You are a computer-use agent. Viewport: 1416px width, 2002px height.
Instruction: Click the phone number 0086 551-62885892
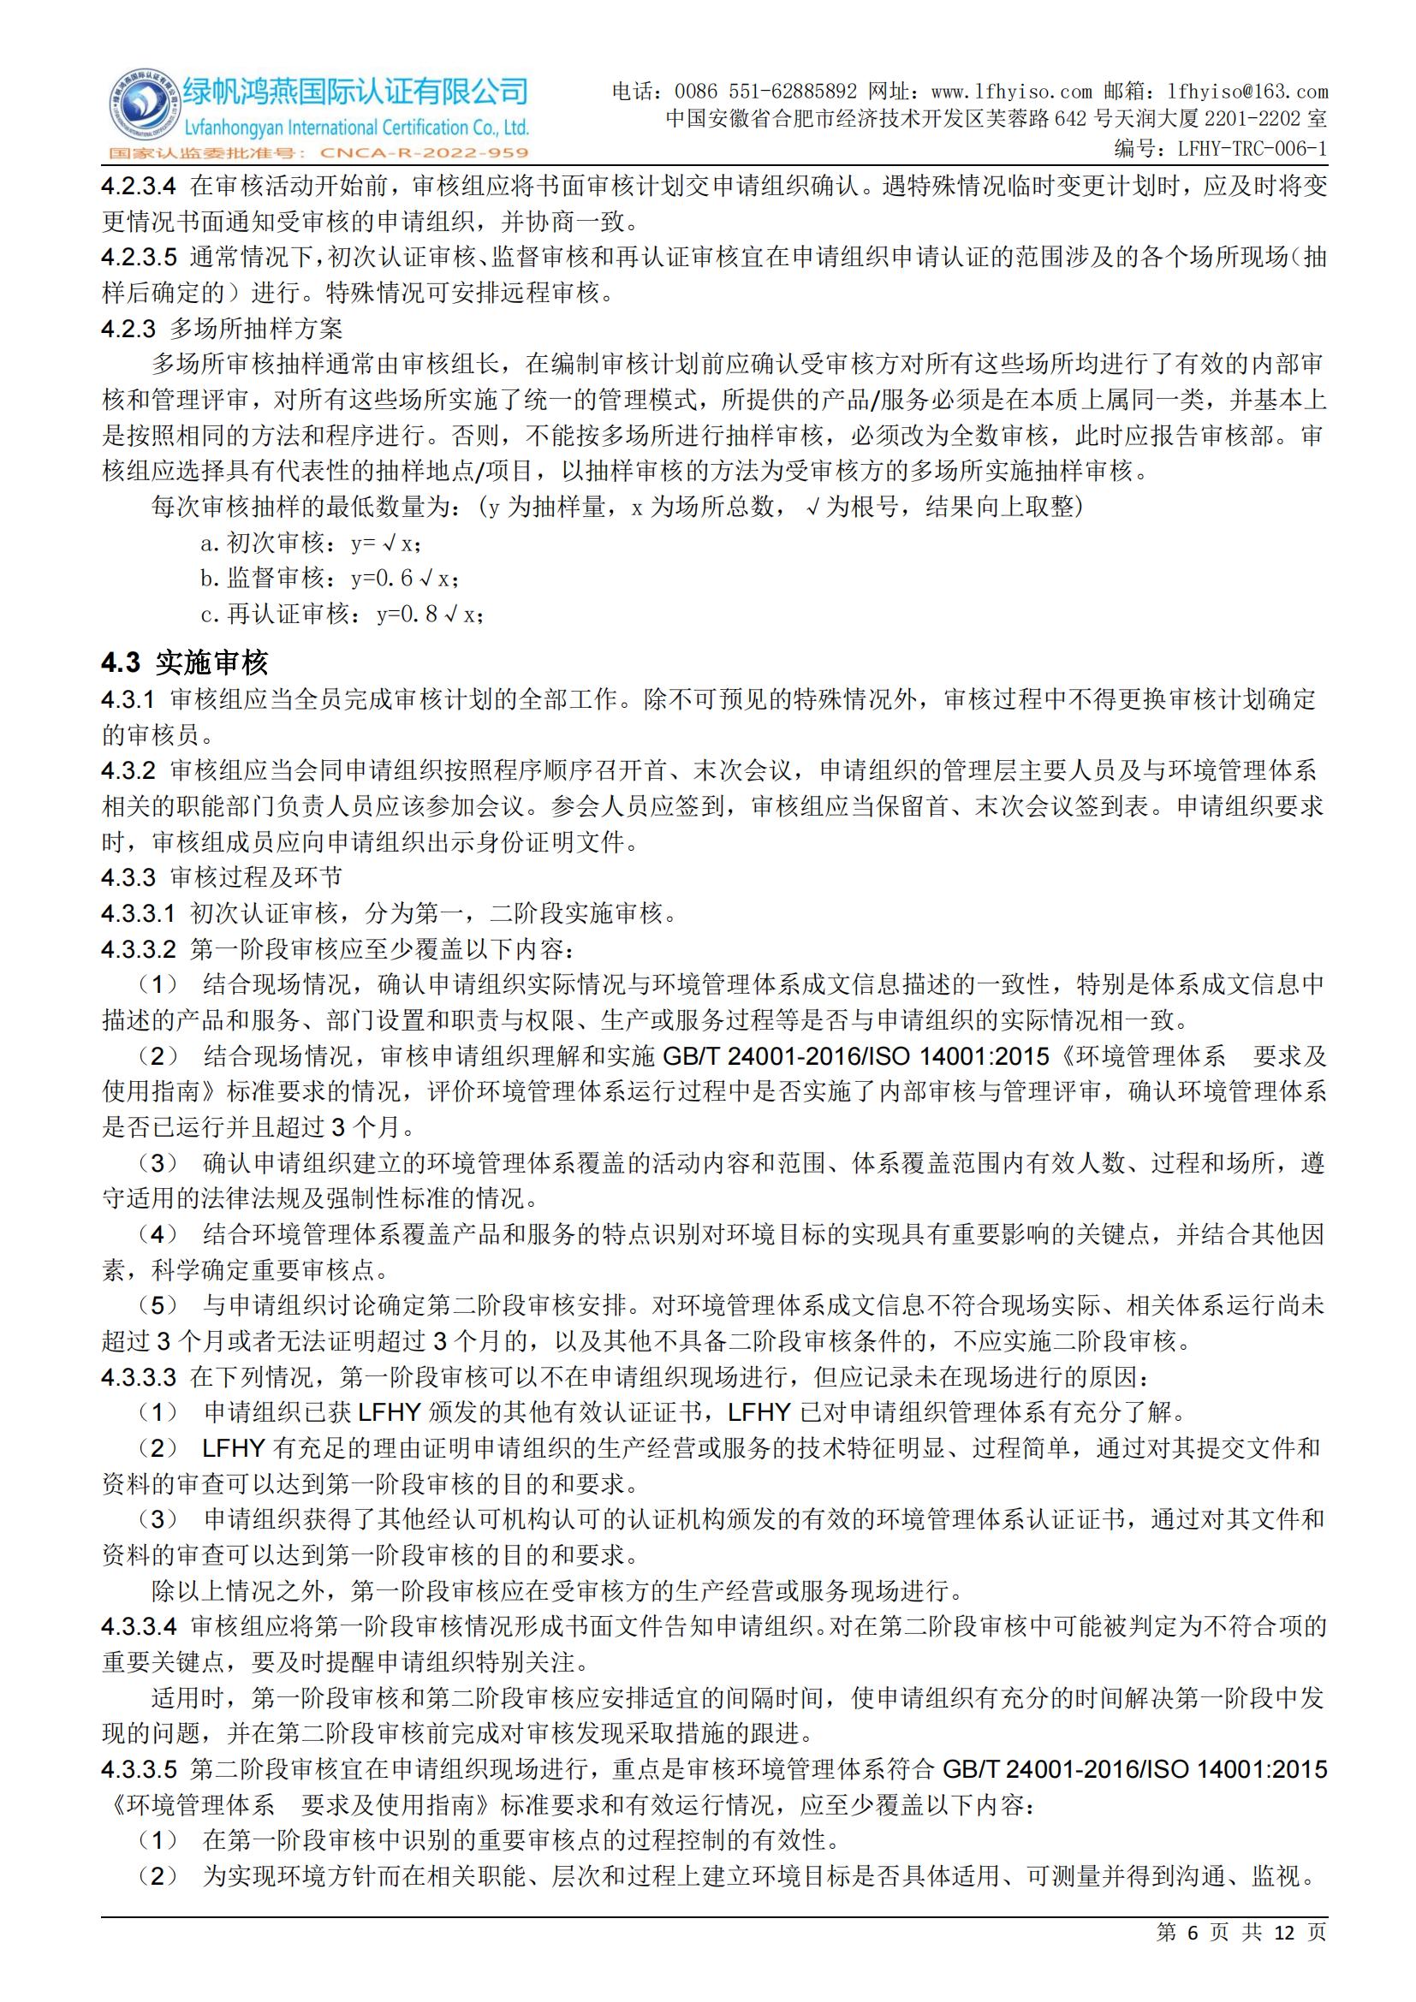click(x=766, y=92)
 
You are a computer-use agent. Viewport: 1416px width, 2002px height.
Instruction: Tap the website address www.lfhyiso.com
click(x=1011, y=92)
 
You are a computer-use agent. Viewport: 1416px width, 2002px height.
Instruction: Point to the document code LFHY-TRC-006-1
click(x=1252, y=149)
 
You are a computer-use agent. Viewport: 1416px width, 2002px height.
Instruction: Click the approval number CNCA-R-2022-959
click(x=425, y=153)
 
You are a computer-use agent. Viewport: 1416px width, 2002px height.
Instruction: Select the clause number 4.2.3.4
click(x=139, y=186)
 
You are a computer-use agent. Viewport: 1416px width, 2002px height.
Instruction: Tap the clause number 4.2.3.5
click(x=139, y=258)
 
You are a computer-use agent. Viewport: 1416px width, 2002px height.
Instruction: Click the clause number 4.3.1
click(x=128, y=699)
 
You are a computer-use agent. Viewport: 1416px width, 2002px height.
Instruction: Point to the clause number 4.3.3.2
click(x=139, y=948)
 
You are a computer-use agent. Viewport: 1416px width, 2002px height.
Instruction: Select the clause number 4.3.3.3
click(x=139, y=1377)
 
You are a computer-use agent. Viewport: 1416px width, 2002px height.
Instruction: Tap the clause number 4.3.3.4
click(x=139, y=1626)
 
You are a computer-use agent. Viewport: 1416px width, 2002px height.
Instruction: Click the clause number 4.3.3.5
click(x=139, y=1769)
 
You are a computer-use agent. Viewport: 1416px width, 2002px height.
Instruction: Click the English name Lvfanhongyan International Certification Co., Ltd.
click(x=355, y=128)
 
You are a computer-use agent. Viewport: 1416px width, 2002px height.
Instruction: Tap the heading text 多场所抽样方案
click(x=256, y=329)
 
